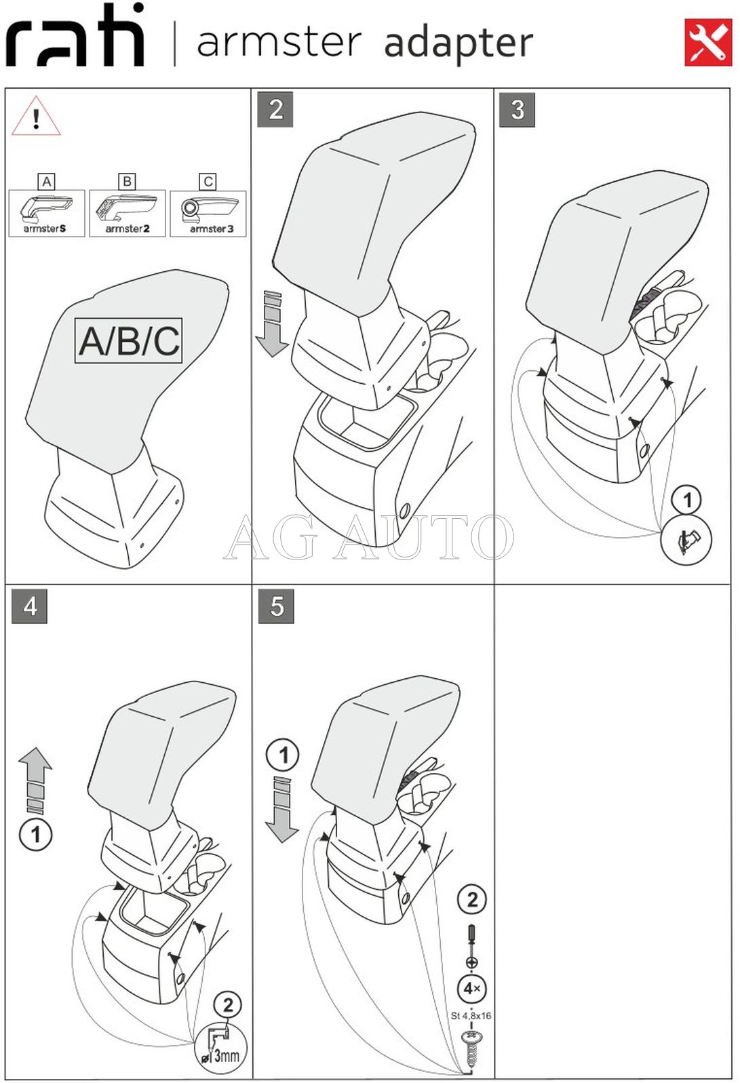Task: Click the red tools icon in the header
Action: (707, 43)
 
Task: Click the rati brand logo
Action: (75, 37)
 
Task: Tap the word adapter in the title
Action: (459, 43)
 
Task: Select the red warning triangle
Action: (36, 117)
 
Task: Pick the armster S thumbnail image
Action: (46, 212)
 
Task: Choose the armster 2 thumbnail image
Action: (128, 212)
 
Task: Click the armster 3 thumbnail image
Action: (208, 212)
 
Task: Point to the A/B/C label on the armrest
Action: (129, 340)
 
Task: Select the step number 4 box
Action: (30, 606)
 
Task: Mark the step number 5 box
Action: (276, 606)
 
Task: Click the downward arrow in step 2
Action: (272, 324)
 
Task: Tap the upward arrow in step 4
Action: (35, 780)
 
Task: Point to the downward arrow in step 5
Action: (281, 810)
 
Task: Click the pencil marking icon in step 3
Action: (686, 540)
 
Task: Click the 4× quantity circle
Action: (471, 988)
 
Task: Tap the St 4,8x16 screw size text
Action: (471, 1016)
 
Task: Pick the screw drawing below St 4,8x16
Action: (471, 1048)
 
